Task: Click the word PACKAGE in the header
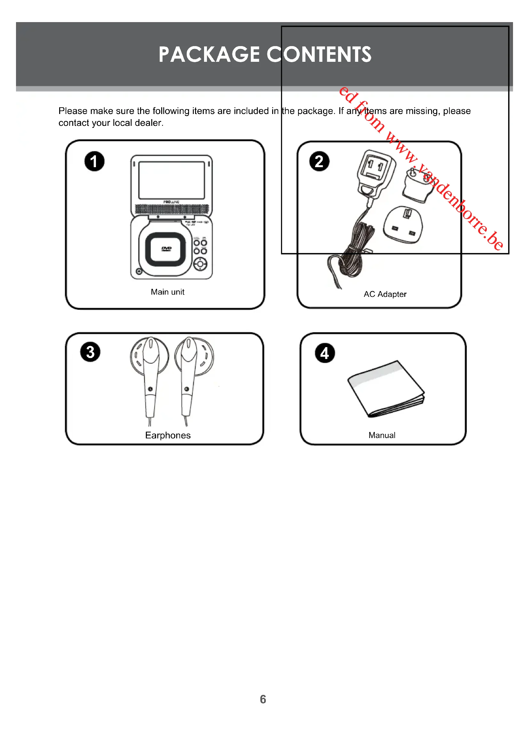(x=209, y=54)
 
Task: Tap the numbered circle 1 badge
(x=94, y=161)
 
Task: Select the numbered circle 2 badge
(x=319, y=161)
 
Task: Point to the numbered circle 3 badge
(x=90, y=352)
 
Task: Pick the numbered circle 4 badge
(x=325, y=353)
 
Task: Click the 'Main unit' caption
(x=167, y=292)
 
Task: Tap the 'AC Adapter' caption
(x=385, y=294)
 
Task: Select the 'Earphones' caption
(x=168, y=435)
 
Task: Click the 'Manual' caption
(x=382, y=435)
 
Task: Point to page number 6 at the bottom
(x=263, y=699)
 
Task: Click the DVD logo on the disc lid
(x=166, y=249)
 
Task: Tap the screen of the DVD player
(x=171, y=180)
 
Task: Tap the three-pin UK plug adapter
(x=403, y=225)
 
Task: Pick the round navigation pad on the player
(x=200, y=264)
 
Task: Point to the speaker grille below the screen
(x=171, y=209)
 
